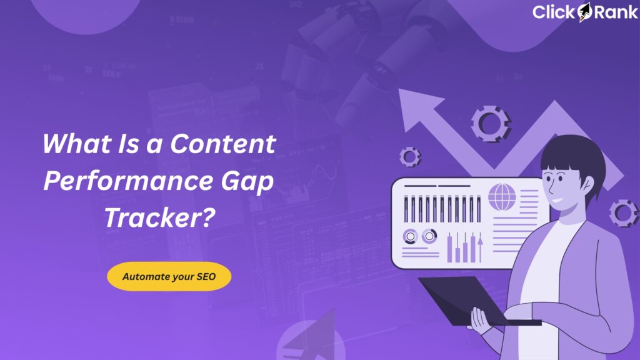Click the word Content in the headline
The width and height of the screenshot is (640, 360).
click(223, 144)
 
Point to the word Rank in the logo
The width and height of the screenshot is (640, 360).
click(615, 12)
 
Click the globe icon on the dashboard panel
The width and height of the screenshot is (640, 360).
click(502, 197)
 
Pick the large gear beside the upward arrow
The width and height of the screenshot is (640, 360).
click(491, 122)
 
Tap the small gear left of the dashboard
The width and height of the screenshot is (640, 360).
click(409, 156)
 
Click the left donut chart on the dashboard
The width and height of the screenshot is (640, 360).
click(411, 236)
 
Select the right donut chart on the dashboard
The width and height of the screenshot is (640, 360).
click(429, 236)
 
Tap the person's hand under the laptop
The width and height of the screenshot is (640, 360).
click(480, 321)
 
